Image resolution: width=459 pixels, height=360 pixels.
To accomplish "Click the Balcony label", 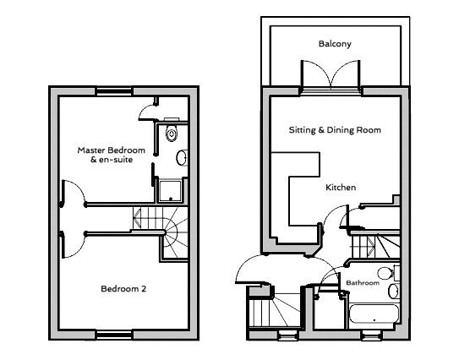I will coord(335,44).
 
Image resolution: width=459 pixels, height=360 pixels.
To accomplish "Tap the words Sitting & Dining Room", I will coord(335,130).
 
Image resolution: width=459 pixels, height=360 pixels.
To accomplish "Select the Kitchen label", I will coord(341,187).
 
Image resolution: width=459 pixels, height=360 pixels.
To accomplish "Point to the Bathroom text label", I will coord(363,282).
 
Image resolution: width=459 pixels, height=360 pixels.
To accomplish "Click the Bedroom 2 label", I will coord(123,288).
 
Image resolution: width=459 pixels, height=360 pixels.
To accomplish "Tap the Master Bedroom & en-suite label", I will coord(112,155).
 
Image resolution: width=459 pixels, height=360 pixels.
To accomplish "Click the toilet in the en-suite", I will coord(171,132).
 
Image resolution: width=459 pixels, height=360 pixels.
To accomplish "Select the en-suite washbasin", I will coord(182,158).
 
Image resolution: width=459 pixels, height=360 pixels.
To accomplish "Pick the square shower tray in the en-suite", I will coord(170,189).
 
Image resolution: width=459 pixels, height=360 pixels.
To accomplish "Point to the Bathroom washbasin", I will coord(393,292).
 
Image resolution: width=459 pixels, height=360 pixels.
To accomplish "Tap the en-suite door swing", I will coord(149,106).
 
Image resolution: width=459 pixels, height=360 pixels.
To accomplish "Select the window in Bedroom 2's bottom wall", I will coord(114,335).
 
